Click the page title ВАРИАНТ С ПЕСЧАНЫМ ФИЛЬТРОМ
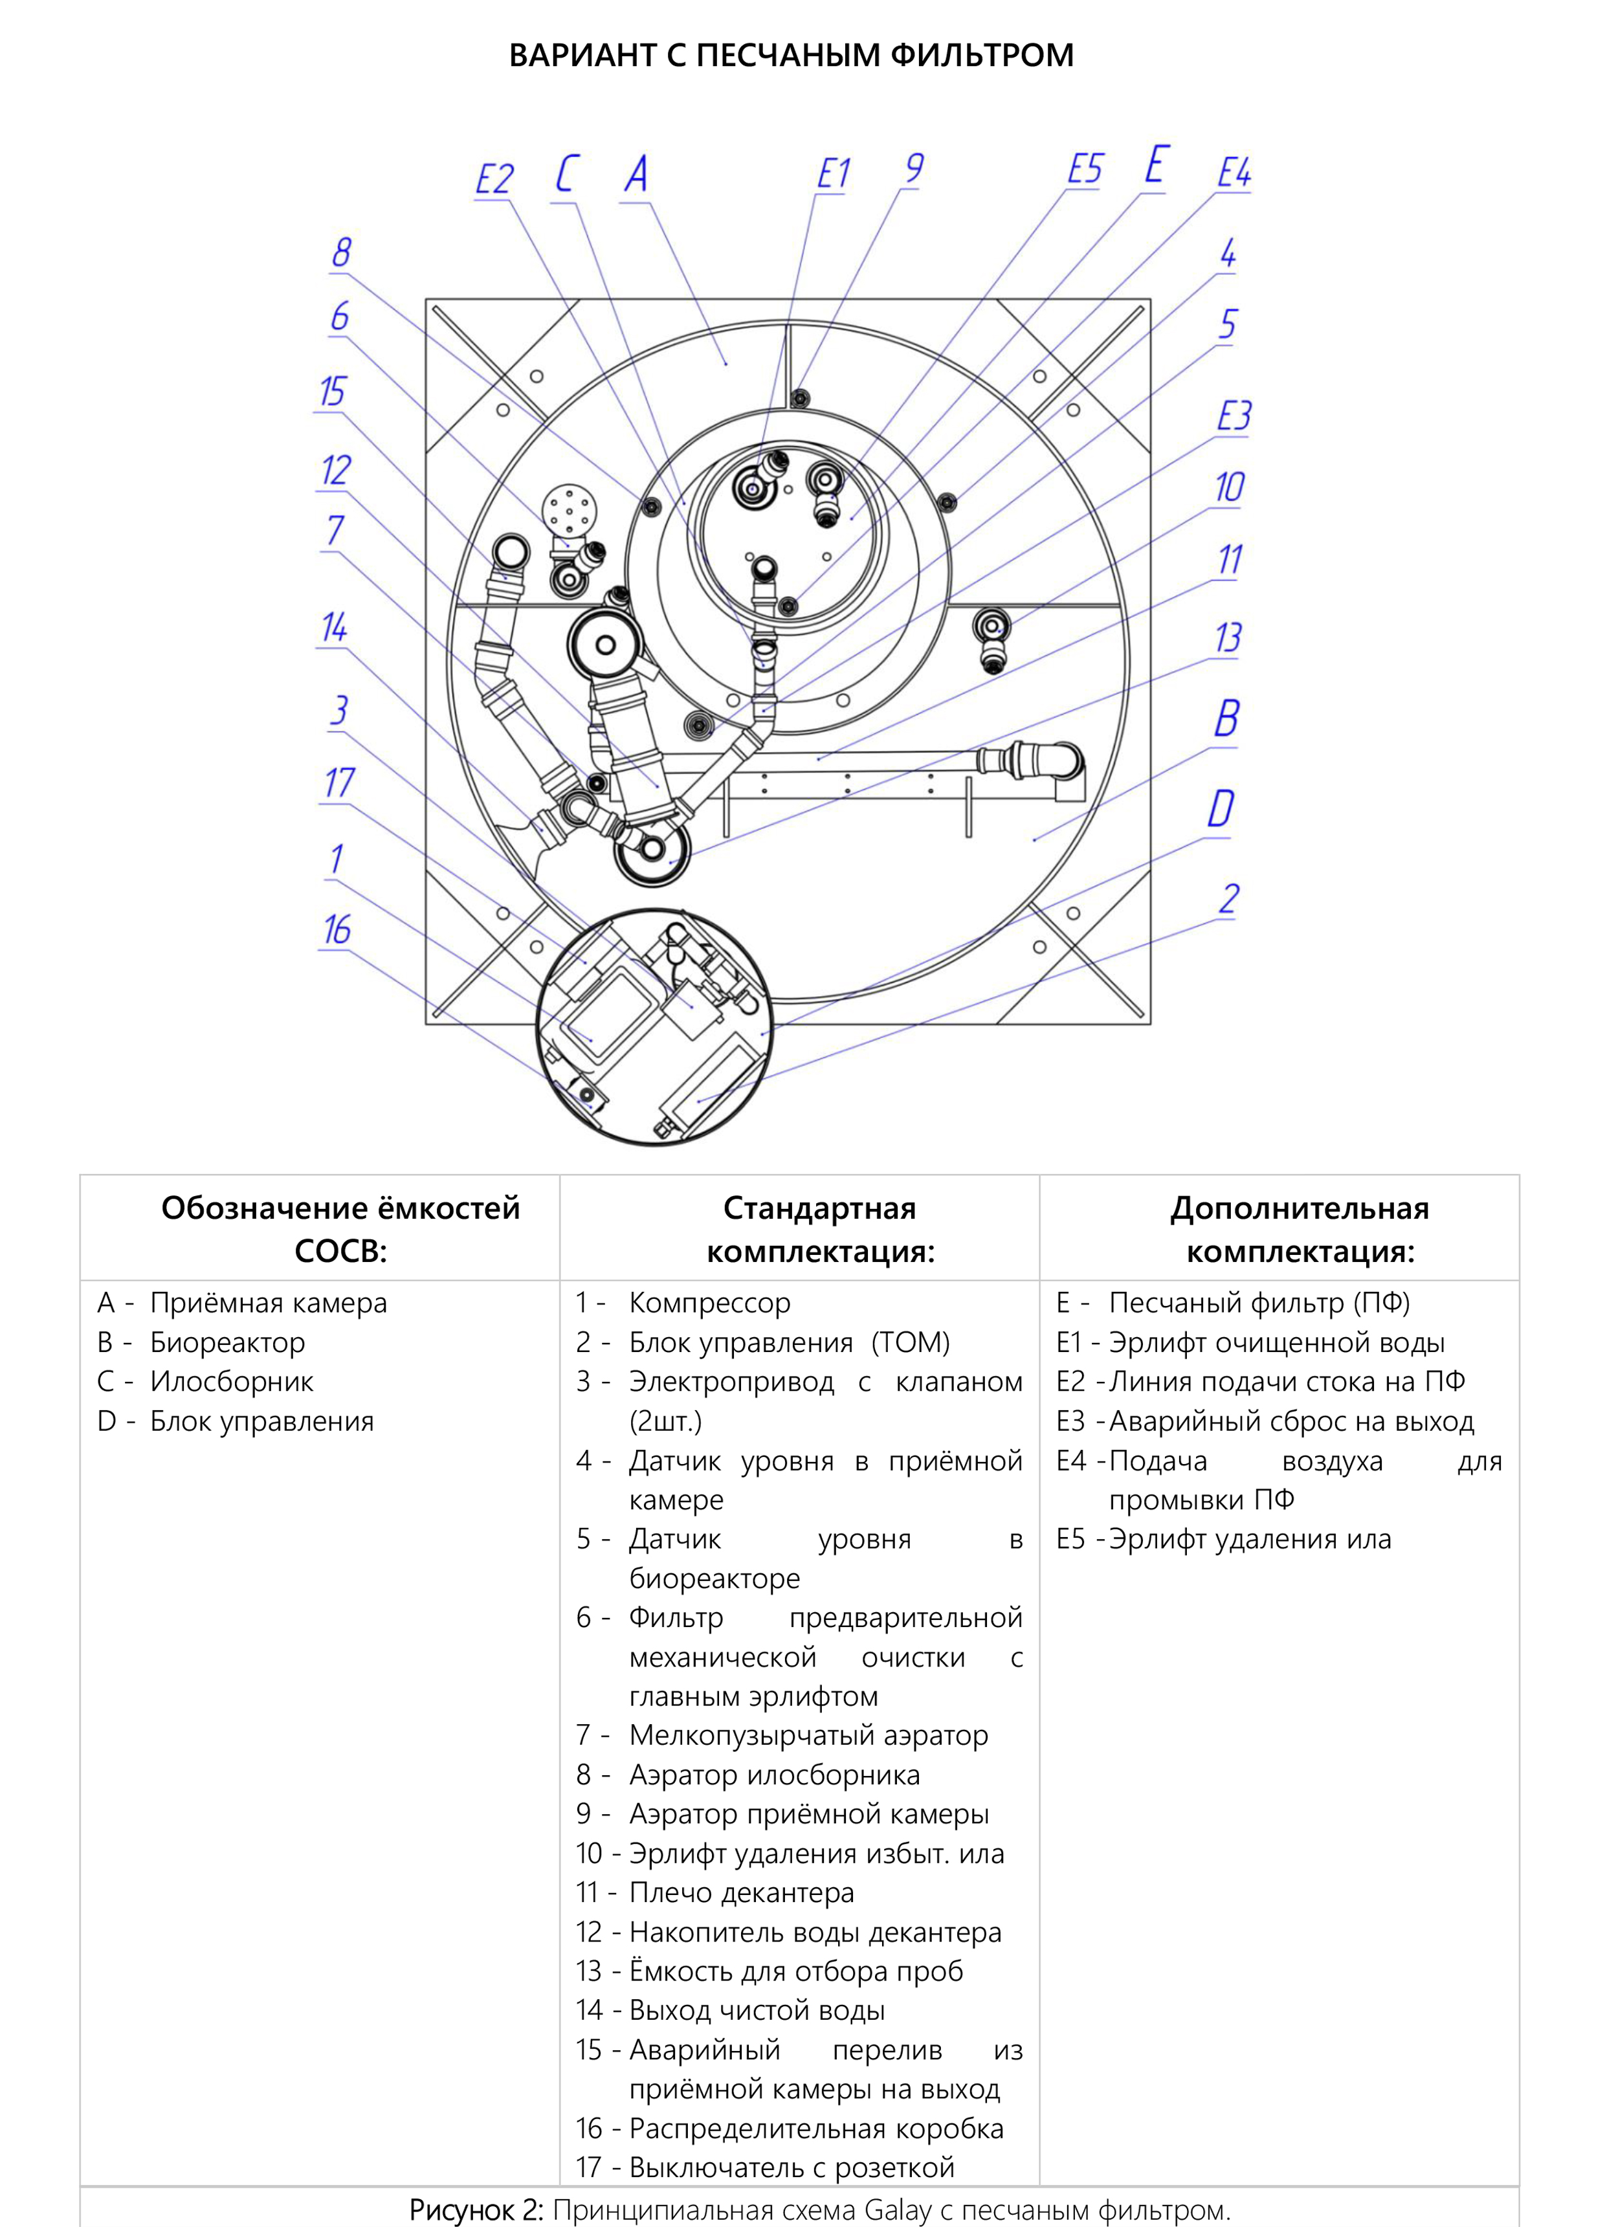click(x=791, y=55)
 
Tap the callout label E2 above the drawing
click(x=494, y=180)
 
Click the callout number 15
click(x=333, y=392)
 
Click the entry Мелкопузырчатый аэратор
click(x=808, y=1735)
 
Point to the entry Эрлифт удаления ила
click(x=1250, y=1538)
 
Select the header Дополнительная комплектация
click(x=1299, y=1230)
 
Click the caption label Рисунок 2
click(x=475, y=2210)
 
